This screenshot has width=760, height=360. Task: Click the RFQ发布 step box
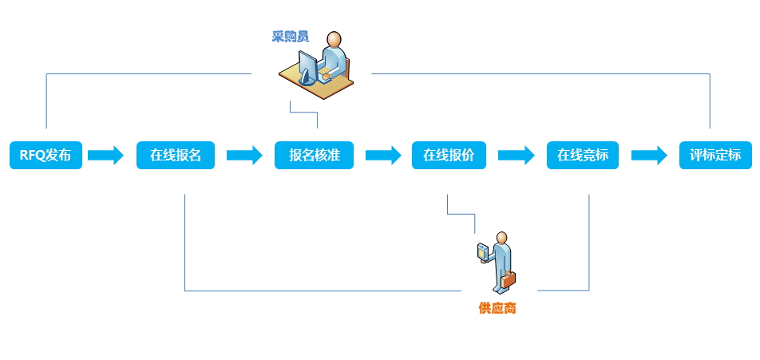coord(46,156)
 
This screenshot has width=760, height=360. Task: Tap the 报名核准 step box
coord(314,156)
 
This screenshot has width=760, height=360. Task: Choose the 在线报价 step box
coord(449,156)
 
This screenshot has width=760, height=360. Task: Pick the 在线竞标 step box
coord(583,156)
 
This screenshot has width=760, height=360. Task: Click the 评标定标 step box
coord(715,156)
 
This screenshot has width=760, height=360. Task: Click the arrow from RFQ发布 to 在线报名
coord(106,155)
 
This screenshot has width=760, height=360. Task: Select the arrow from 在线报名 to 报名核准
coord(244,155)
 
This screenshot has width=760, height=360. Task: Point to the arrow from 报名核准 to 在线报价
coord(383,155)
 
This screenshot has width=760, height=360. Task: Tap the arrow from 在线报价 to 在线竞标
coord(516,155)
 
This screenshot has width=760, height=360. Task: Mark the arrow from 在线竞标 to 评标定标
coord(649,155)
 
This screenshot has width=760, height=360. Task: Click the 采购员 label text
coord(290,37)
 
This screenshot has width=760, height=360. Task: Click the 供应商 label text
coord(497,308)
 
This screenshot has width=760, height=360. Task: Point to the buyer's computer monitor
coord(308,63)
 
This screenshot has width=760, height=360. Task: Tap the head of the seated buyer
coord(334,40)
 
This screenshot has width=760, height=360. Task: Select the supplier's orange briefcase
coord(508,279)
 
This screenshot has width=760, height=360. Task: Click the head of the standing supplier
coord(501,238)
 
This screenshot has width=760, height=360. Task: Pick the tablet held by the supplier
coord(481,251)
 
